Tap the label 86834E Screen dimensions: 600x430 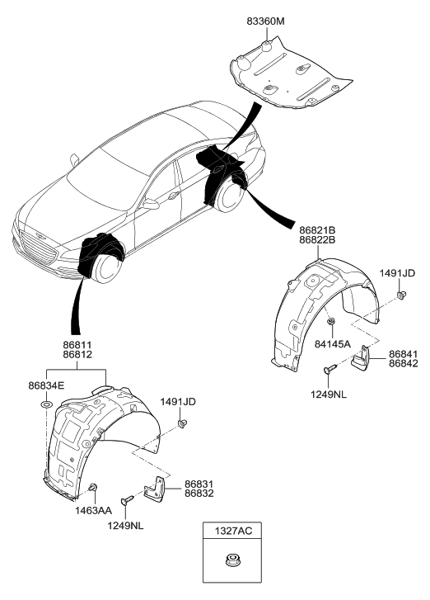click(x=46, y=385)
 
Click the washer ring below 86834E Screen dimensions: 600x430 click(x=47, y=405)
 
